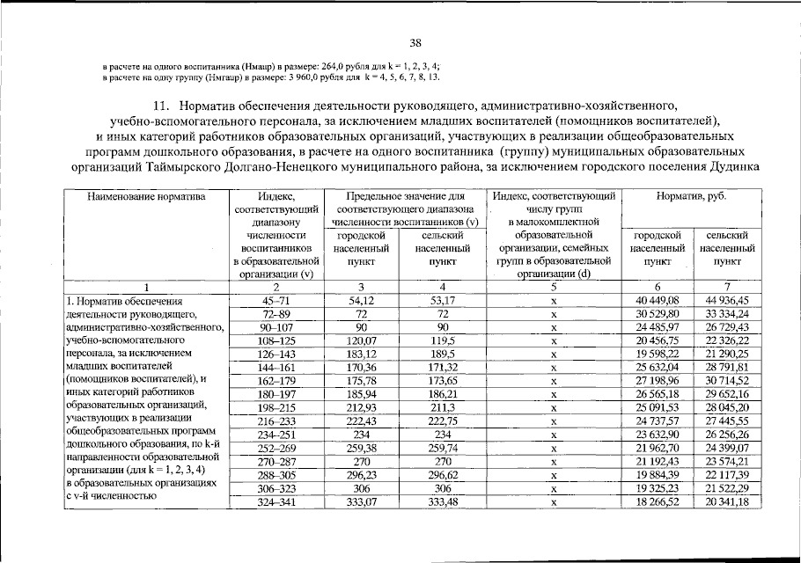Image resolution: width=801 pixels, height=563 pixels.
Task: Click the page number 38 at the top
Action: pos(415,41)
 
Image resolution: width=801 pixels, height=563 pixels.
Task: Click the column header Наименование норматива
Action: pos(146,197)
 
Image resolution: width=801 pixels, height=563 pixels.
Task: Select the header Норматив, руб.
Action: pos(691,197)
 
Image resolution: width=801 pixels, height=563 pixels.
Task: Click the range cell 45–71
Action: pos(276,301)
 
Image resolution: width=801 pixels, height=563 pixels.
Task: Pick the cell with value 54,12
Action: pos(361,301)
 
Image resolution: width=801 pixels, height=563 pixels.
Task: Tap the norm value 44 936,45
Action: pos(726,301)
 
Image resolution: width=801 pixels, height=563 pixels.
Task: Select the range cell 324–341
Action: pos(276,501)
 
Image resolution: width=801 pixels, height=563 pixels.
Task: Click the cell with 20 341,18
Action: pos(726,501)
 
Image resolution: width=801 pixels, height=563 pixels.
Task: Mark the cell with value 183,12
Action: pos(361,355)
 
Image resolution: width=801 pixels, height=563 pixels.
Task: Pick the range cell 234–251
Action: pos(276,435)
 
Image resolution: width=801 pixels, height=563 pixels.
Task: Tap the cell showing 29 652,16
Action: pos(726,395)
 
